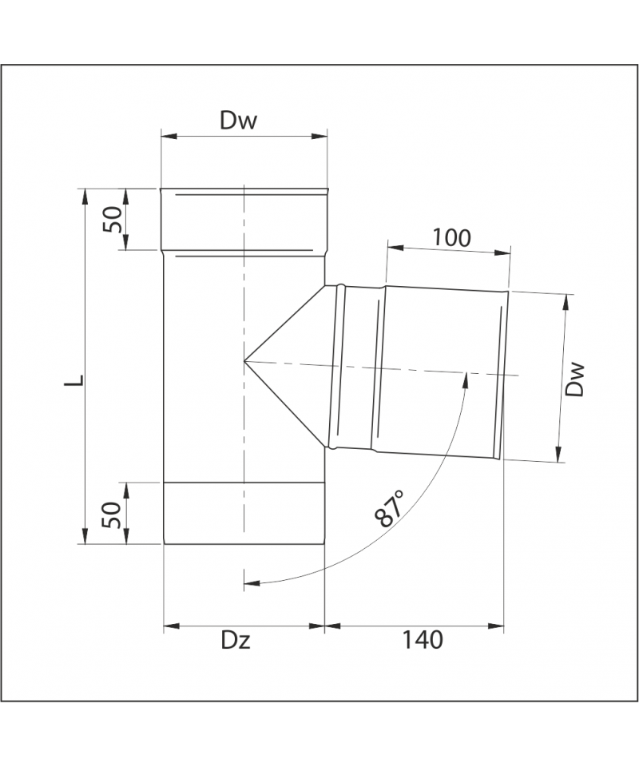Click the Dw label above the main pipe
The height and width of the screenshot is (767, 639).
pos(238,121)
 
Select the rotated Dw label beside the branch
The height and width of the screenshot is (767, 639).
pos(574,379)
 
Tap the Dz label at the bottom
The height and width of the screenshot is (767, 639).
pos(236,640)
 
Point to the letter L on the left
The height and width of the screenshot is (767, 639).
pos(75,380)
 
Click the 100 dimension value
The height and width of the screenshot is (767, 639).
pos(452,238)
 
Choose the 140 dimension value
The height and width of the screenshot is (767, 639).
pos(423,640)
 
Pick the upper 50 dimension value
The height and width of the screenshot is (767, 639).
pos(112,219)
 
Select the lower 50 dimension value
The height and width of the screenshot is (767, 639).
pos(112,515)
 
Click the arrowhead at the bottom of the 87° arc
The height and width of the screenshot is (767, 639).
pos(251,582)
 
